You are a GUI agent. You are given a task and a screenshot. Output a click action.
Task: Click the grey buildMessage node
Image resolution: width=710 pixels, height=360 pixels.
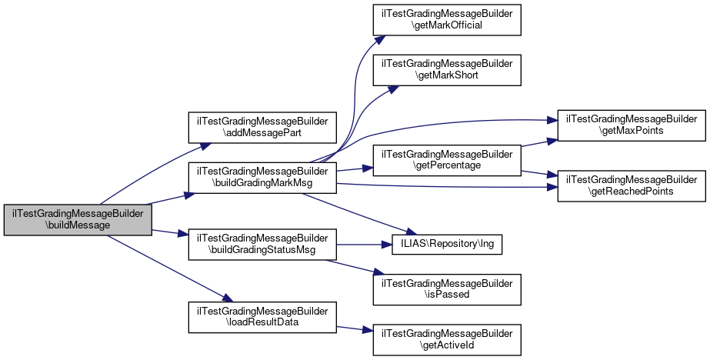coord(74,221)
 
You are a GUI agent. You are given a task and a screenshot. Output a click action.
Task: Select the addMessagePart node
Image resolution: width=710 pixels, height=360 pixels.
coord(263,127)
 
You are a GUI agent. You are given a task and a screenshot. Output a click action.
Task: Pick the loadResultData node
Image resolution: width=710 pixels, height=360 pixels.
coord(263,316)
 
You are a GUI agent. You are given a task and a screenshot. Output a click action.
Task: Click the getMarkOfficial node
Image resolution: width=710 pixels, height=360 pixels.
coord(447,19)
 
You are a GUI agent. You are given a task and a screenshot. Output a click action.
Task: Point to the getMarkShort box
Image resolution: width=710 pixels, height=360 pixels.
coord(447,70)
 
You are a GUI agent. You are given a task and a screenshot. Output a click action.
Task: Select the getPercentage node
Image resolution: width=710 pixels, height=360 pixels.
coord(447,159)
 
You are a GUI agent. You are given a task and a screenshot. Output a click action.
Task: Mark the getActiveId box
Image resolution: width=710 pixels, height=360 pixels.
coord(447,339)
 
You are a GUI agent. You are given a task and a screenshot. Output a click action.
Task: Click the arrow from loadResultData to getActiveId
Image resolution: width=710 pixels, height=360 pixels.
coord(355,328)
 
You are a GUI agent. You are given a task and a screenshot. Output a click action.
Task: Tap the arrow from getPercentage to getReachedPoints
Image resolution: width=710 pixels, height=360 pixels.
coord(539,173)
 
